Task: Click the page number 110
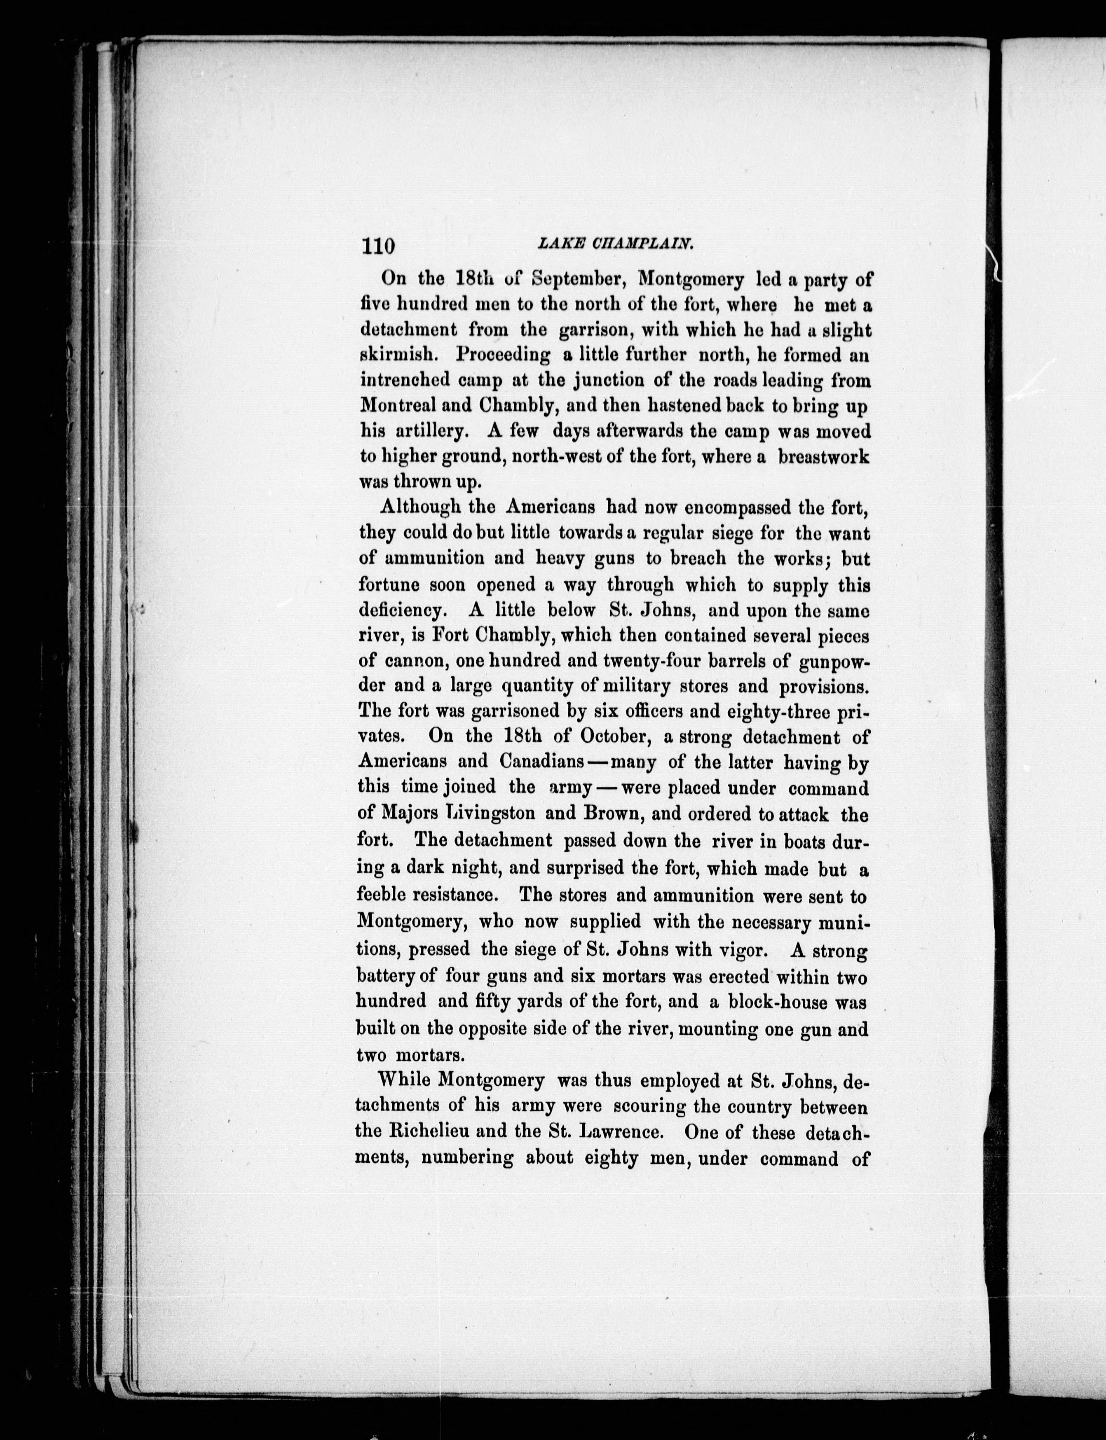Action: [377, 245]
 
